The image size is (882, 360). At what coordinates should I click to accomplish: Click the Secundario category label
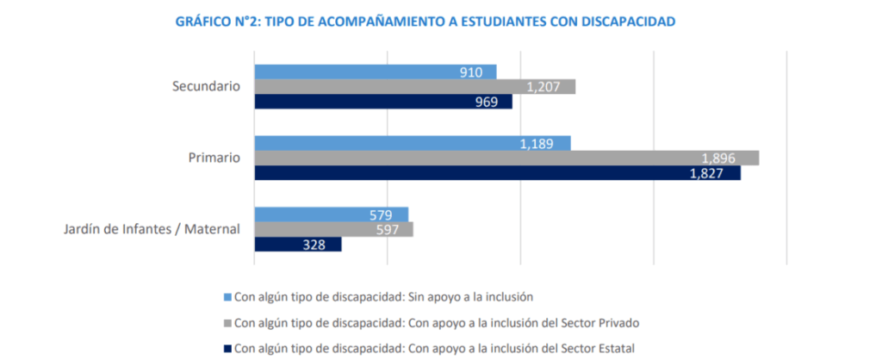point(207,87)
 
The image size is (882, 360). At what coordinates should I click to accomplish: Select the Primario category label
point(214,158)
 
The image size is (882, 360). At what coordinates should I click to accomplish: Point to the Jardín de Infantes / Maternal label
point(152,229)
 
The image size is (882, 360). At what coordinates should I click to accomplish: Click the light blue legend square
point(227,297)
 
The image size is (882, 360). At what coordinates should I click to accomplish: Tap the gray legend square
point(227,323)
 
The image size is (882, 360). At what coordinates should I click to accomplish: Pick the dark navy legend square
point(227,348)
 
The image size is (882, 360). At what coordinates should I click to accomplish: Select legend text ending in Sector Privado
point(439,323)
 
